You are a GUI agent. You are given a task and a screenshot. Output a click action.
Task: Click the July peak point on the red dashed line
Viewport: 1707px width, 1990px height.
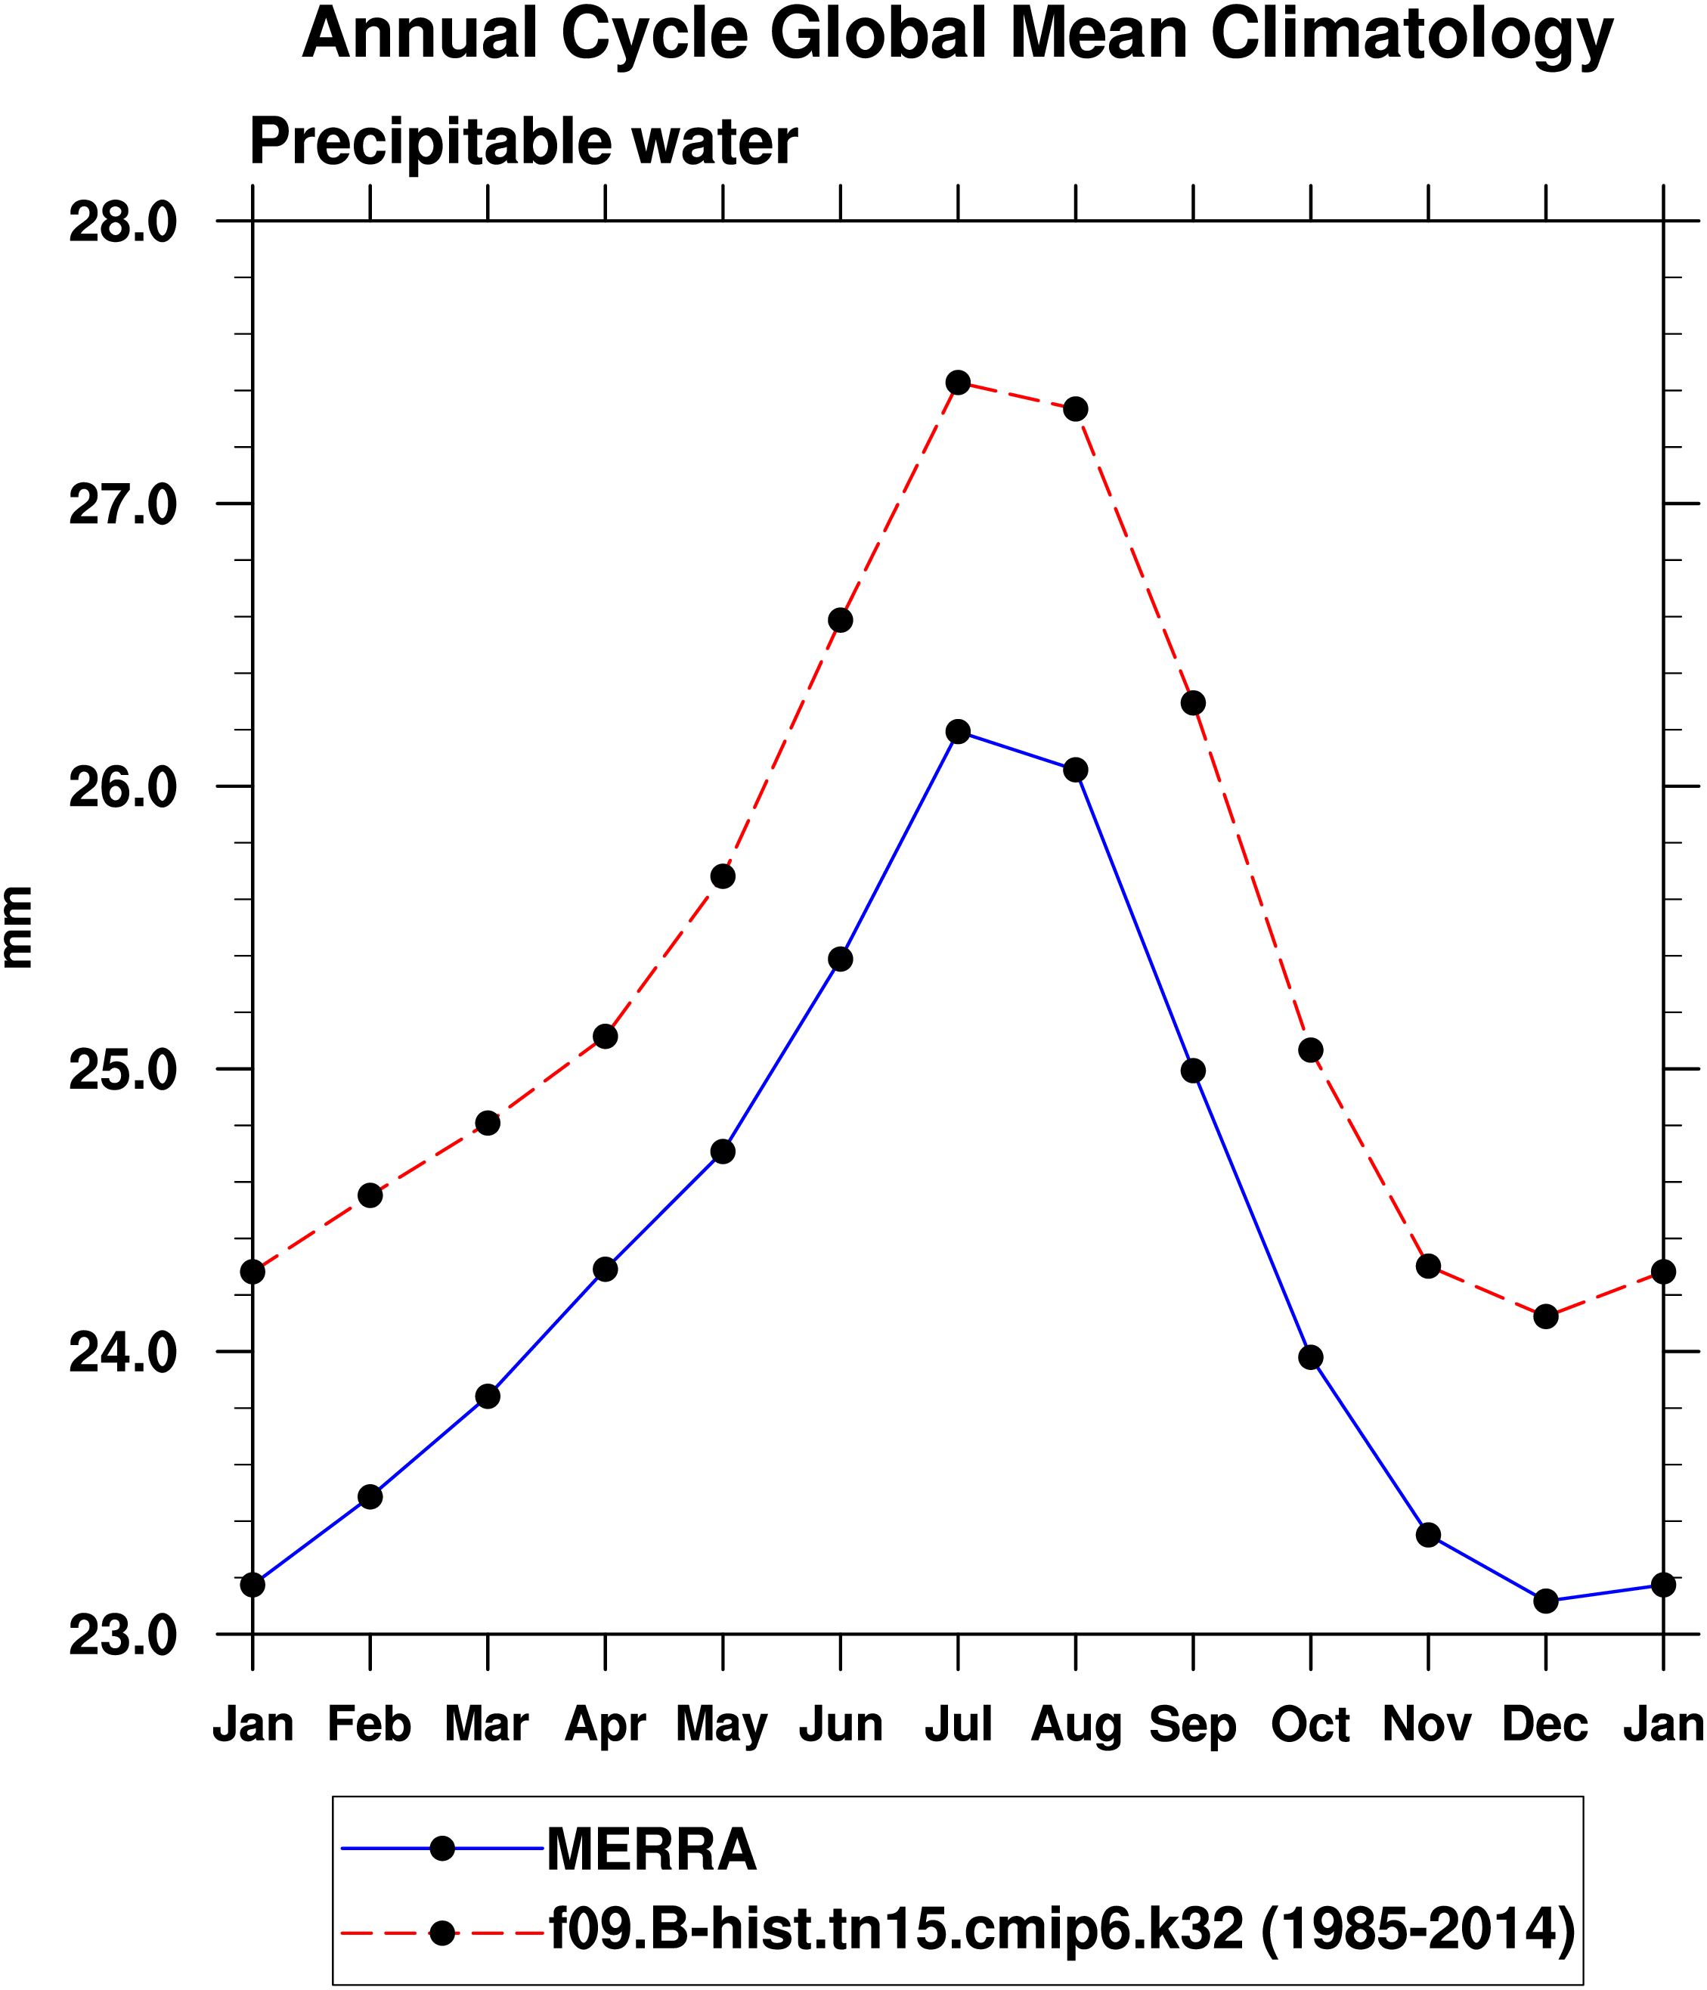click(957, 383)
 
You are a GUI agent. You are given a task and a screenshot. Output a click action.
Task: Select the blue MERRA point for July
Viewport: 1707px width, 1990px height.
click(957, 732)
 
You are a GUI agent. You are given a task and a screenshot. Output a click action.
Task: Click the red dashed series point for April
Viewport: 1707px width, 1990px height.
click(605, 1037)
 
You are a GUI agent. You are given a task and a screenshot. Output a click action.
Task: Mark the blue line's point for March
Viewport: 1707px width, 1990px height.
click(488, 1396)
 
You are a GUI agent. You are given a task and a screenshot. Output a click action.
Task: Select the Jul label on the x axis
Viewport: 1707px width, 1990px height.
click(957, 1724)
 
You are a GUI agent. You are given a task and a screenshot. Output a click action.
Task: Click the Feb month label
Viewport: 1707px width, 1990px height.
click(370, 1724)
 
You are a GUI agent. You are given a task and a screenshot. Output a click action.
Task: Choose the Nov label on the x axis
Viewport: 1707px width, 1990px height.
click(1427, 1724)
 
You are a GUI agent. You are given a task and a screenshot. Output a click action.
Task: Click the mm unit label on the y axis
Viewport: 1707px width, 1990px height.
click(17, 927)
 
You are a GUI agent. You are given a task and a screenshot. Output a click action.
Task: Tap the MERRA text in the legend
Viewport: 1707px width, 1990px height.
click(652, 1849)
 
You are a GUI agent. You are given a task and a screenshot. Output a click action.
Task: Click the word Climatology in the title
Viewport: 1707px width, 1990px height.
click(1412, 35)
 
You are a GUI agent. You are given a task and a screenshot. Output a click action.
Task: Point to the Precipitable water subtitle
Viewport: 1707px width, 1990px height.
click(523, 142)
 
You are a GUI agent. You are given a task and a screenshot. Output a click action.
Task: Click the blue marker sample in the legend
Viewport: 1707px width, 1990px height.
click(442, 1848)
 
